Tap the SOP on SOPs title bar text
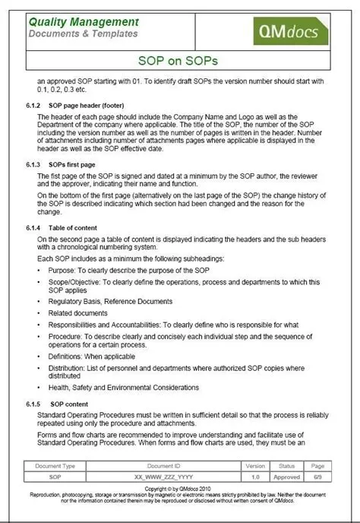[x=180, y=59]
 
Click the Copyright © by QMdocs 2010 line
[x=180, y=489]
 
